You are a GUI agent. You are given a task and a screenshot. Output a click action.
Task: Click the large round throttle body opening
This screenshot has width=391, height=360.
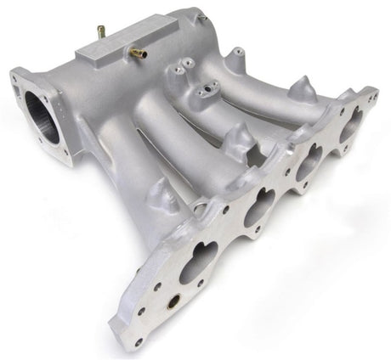click(43, 117)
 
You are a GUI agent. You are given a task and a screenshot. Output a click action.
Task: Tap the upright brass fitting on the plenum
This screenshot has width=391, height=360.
click(101, 32)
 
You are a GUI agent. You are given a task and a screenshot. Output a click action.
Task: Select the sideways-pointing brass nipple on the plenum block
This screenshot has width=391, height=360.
click(137, 53)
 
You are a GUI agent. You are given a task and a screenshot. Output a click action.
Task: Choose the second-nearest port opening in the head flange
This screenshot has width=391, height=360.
click(258, 206)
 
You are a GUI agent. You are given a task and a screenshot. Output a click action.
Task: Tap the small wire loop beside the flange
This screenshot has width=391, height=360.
click(197, 206)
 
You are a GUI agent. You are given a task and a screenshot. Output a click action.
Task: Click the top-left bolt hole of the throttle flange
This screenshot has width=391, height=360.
click(17, 77)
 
